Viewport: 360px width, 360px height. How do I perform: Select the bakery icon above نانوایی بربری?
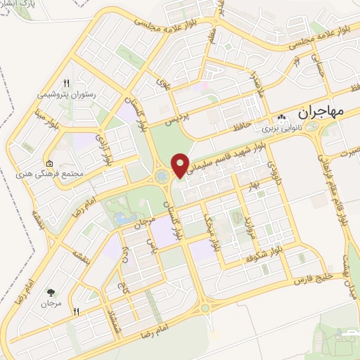click(x=281, y=117)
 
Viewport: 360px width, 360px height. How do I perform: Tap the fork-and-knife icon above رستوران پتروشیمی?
click(x=67, y=82)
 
